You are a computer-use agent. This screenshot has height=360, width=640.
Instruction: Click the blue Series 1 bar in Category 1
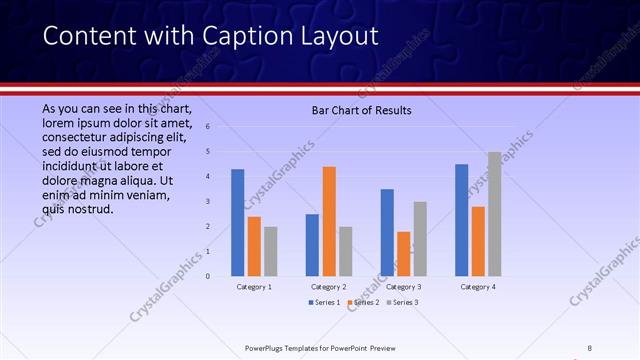[237, 222]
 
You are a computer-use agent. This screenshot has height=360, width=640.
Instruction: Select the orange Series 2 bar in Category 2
[329, 221]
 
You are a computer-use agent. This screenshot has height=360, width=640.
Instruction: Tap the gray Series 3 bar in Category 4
[494, 213]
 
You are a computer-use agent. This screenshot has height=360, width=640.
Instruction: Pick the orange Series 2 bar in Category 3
[403, 253]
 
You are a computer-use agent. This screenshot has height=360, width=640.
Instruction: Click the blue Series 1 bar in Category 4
[461, 220]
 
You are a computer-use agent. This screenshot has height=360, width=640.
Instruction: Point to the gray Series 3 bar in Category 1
[270, 251]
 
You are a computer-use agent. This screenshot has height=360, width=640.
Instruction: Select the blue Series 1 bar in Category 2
[312, 245]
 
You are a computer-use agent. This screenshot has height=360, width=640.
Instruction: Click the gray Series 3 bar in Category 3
[420, 238]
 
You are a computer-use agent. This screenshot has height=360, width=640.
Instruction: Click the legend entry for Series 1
[325, 302]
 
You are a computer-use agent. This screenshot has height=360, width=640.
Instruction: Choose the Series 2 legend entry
[363, 302]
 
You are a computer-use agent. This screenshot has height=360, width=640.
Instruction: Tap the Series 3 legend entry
[401, 302]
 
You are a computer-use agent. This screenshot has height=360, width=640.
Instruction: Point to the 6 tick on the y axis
[207, 127]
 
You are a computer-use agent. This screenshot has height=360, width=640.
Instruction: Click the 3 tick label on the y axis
[207, 201]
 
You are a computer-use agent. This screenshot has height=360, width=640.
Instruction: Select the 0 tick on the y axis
[207, 276]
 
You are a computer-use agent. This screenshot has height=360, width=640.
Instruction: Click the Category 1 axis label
[254, 287]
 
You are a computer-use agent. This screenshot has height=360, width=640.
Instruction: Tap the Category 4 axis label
[478, 287]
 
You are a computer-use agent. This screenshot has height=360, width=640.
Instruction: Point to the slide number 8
[590, 347]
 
